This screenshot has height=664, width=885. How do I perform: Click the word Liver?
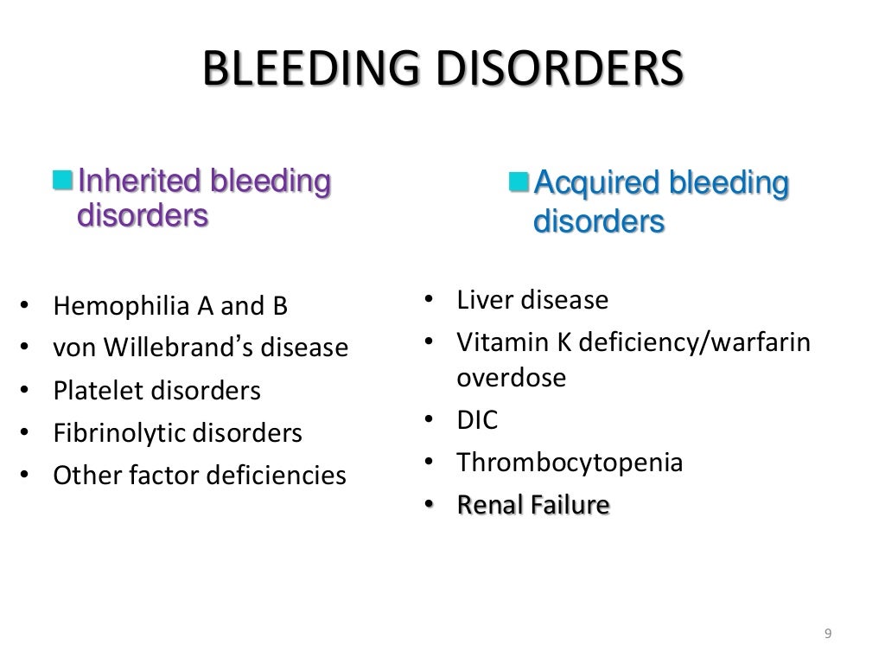pos(482,301)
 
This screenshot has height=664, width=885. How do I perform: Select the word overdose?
pos(512,378)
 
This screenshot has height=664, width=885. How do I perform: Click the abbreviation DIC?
pos(477,420)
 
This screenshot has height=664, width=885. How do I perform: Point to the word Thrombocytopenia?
pos(570,463)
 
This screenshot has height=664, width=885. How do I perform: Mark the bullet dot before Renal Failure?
pos(429,505)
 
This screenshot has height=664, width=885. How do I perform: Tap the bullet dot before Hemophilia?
pos(24,307)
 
